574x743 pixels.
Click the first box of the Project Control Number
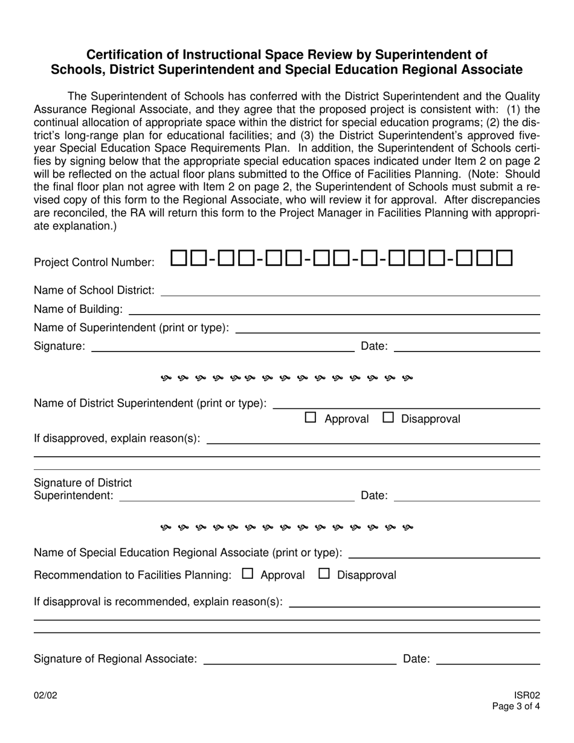pyautogui.click(x=179, y=259)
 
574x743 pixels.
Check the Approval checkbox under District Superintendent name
pyautogui.click(x=311, y=417)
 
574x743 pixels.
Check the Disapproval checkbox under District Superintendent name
pyautogui.click(x=389, y=417)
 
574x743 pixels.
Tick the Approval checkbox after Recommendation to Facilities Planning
pyautogui.click(x=247, y=574)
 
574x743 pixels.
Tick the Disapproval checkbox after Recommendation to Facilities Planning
pyautogui.click(x=324, y=574)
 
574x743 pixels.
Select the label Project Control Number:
pyautogui.click(x=94, y=263)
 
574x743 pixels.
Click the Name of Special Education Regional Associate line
pyautogui.click(x=444, y=555)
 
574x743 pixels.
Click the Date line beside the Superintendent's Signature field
pyautogui.click(x=466, y=349)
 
